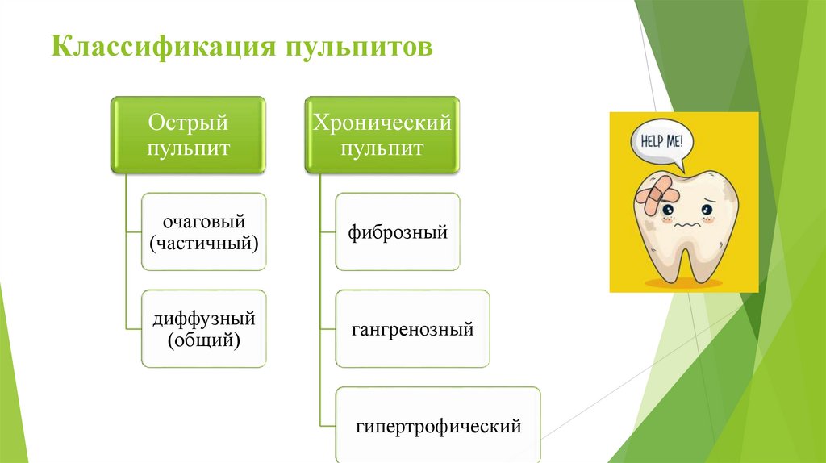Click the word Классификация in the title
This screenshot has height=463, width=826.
(161, 45)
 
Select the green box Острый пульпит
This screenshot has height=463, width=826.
(188, 136)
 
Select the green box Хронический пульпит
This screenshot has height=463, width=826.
(382, 136)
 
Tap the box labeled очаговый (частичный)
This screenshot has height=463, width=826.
(203, 231)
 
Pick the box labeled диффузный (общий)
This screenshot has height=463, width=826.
(203, 329)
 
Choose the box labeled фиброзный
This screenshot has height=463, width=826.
(398, 231)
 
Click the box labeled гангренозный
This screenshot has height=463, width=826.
(412, 329)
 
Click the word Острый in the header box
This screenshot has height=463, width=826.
(188, 123)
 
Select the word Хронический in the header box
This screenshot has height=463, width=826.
(382, 123)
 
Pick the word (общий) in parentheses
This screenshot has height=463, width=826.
(203, 340)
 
